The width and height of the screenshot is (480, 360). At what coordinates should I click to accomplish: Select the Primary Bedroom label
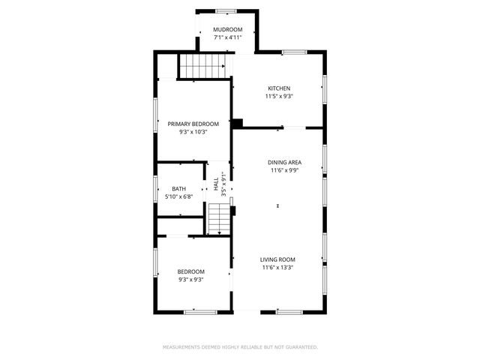(x=193, y=124)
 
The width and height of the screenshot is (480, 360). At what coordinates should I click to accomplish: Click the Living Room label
(x=278, y=259)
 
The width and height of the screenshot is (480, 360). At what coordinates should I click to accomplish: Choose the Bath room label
(x=178, y=189)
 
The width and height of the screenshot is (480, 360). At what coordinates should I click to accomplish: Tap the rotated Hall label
(x=215, y=184)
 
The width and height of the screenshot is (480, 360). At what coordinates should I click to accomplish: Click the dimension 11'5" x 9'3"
(x=278, y=96)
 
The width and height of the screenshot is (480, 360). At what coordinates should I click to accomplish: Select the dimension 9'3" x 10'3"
(x=193, y=132)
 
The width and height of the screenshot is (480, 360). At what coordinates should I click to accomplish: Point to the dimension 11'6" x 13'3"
(x=278, y=268)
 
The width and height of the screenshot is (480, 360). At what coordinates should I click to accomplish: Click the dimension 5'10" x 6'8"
(x=179, y=196)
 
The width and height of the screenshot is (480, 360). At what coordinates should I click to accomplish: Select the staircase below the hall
(x=218, y=219)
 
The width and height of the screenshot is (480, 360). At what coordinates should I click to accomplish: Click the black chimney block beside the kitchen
(x=237, y=123)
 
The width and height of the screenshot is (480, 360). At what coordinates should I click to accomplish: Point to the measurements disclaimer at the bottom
(x=240, y=347)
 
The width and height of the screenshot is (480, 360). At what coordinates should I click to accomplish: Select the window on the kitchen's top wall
(x=294, y=52)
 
